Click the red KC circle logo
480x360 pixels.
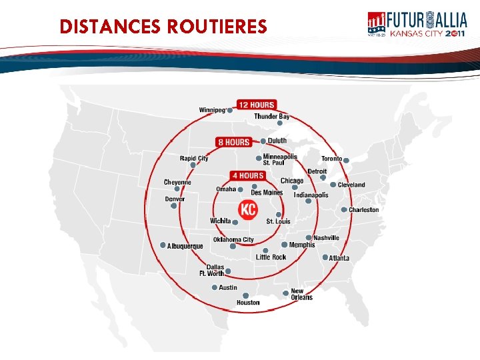pyautogui.click(x=249, y=209)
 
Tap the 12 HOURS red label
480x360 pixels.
pyautogui.click(x=256, y=105)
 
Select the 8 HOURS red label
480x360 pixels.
pyautogui.click(x=233, y=142)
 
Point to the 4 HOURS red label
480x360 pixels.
pyautogui.click(x=247, y=175)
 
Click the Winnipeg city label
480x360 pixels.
pyautogui.click(x=212, y=110)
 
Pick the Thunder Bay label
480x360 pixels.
pyautogui.click(x=271, y=117)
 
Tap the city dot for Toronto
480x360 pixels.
pyautogui.click(x=347, y=159)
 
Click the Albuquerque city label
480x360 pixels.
pyautogui.click(x=185, y=246)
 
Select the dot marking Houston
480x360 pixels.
pyautogui.click(x=245, y=295)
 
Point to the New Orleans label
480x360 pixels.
pyautogui.click(x=301, y=294)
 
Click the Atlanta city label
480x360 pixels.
pyautogui.click(x=339, y=258)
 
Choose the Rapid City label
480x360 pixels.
pyautogui.click(x=194, y=159)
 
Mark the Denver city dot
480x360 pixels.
pyautogui.click(x=174, y=206)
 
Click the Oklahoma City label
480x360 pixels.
pyautogui.click(x=233, y=240)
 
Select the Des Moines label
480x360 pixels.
pyautogui.click(x=267, y=193)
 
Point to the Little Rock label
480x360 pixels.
pyautogui.click(x=271, y=257)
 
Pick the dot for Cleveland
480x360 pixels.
pyautogui.click(x=333, y=185)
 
